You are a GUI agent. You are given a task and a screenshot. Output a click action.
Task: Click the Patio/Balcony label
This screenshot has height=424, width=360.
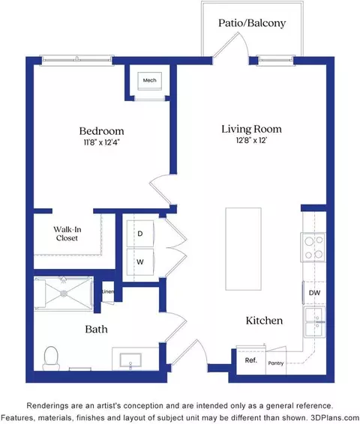(x=252, y=23)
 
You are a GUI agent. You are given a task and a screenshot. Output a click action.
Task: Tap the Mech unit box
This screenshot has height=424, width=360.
(x=150, y=81)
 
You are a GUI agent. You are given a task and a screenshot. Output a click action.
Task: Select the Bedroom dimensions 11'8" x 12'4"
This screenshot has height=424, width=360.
(x=101, y=142)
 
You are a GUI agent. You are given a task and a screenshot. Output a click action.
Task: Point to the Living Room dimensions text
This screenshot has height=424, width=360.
(x=251, y=140)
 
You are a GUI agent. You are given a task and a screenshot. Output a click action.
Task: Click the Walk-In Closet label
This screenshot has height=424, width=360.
(x=67, y=234)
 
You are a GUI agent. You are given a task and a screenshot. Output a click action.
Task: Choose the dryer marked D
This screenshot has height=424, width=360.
(x=140, y=234)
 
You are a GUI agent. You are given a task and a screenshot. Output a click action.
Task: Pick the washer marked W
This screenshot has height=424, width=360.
(x=140, y=261)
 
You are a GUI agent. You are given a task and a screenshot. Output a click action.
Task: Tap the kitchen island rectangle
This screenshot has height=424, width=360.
(x=243, y=249)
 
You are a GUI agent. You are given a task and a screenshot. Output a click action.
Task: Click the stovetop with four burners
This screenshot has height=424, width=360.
(x=313, y=247)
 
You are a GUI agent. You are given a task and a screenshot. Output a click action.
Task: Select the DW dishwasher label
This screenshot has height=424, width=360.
(x=314, y=293)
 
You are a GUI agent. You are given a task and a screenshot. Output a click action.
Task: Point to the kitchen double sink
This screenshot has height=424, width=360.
(x=314, y=322)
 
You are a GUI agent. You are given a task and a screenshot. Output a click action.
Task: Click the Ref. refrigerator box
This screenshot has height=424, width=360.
(x=251, y=360)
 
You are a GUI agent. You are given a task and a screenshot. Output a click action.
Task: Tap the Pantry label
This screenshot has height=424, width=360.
(x=276, y=363)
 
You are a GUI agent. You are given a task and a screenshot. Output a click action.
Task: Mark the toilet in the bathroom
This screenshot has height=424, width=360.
(x=51, y=359)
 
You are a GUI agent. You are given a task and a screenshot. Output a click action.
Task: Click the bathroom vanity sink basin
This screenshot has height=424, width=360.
(x=130, y=360)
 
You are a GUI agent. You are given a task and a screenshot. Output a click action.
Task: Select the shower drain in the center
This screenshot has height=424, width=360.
(x=64, y=294)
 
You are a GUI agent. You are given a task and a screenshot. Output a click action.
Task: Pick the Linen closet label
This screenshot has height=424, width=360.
(x=108, y=291)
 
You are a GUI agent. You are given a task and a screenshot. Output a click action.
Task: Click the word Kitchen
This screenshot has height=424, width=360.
(x=264, y=321)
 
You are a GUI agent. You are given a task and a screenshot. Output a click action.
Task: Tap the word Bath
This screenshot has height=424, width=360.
(x=96, y=329)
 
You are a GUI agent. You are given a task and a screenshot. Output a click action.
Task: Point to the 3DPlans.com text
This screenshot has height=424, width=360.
(x=334, y=417)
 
